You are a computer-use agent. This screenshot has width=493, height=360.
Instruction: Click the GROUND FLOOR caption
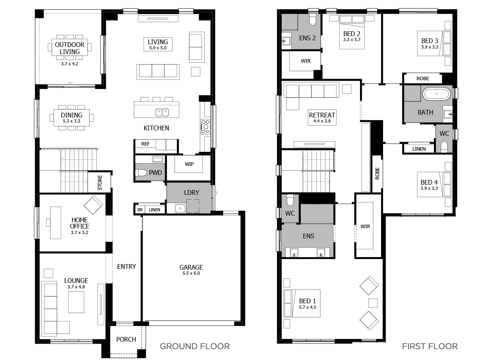coord(194,346)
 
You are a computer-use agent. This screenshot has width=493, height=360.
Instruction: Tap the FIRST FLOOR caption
coord(430,346)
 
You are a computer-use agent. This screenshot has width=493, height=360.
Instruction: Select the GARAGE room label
coord(191,268)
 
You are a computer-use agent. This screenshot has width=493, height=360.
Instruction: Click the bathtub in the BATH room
coord(436,94)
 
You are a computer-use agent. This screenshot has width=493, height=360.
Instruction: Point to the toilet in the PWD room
coord(141,173)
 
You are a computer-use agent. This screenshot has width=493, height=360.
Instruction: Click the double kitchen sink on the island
coord(162,112)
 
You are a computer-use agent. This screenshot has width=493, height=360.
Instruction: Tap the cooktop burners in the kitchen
coord(205,127)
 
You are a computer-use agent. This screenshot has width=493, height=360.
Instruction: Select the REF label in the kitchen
coord(146,144)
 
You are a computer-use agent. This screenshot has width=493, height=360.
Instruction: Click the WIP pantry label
coord(189,164)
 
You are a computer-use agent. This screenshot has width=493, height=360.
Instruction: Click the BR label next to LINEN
coord(140,210)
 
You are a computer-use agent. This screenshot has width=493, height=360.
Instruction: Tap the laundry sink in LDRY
coord(180,209)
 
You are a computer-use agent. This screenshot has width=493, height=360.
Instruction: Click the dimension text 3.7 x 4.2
coord(70,63)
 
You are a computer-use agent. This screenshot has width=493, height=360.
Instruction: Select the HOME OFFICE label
coord(79,223)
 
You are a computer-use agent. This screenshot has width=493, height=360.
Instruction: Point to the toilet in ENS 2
coord(312,20)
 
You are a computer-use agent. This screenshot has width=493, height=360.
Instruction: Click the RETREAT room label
coord(322,115)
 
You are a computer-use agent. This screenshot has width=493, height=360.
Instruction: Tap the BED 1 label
coord(307,301)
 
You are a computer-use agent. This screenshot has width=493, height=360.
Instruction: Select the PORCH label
coord(126,339)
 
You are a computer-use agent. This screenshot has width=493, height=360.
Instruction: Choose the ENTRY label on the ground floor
coord(126,266)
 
